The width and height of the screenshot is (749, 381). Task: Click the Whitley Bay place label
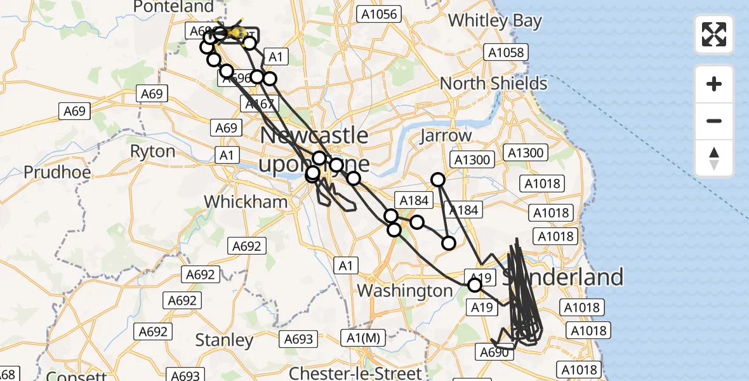point(495,20)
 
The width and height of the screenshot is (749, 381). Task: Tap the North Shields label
point(493,83)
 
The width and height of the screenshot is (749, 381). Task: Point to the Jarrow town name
point(446,135)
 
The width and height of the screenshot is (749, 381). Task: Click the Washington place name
point(405,291)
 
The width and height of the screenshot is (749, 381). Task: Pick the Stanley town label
point(224,340)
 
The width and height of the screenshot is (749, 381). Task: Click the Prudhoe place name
point(57,172)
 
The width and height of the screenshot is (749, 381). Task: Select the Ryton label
point(152,151)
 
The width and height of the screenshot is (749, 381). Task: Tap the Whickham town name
point(246,202)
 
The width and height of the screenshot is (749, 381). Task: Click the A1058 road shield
point(505,52)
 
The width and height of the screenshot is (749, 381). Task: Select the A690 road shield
point(494,352)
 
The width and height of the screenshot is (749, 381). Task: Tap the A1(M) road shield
point(364,338)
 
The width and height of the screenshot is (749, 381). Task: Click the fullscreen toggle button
point(714,34)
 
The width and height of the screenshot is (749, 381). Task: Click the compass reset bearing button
point(714,158)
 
